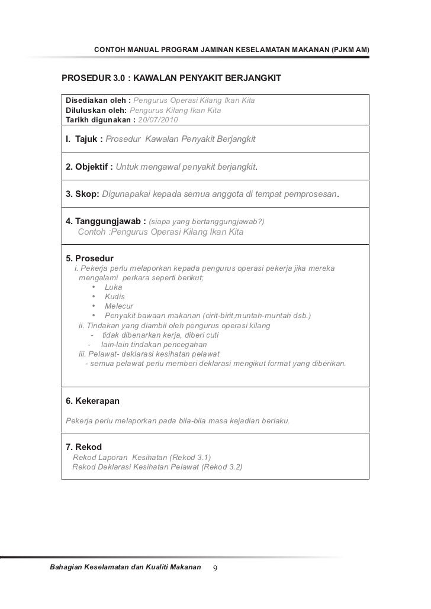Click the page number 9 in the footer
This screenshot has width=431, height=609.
215,568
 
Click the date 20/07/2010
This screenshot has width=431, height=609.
161,119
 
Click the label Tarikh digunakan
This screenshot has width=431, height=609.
99,119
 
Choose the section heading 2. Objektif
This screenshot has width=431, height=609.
89,167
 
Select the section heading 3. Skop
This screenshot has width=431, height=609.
82,195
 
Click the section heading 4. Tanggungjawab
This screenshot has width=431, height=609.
105,222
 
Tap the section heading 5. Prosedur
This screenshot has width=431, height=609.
89,258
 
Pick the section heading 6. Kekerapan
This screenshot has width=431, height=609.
92,401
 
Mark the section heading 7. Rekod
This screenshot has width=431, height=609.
83,446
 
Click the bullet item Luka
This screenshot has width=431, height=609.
114,287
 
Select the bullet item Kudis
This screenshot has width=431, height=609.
115,297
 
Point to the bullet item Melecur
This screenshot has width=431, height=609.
119,306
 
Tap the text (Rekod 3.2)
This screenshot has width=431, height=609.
222,467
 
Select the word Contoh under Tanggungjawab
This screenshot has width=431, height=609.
92,232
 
